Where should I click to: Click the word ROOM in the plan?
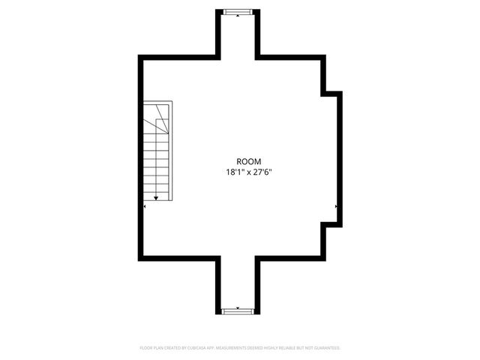pyautogui.click(x=248, y=161)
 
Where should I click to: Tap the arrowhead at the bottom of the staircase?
pyautogui.click(x=155, y=198)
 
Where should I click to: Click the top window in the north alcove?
pyautogui.click(x=238, y=10)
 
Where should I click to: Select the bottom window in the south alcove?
pyautogui.click(x=238, y=310)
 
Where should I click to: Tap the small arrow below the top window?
pyautogui.click(x=238, y=15)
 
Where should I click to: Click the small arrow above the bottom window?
pyautogui.click(x=238, y=306)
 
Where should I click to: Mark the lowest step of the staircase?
pyautogui.click(x=155, y=193)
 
